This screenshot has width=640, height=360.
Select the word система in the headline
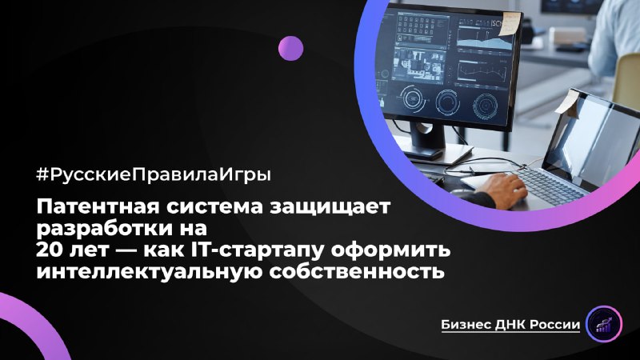217,209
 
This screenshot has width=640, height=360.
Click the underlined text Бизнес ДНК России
510,324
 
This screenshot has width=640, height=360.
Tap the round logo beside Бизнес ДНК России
604,323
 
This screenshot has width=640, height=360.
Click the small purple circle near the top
290,48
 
